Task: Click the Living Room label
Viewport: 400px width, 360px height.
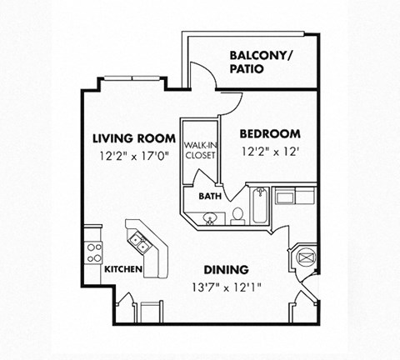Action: [134, 138]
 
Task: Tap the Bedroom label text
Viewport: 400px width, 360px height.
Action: [270, 134]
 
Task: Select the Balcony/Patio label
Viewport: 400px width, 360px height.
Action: [261, 62]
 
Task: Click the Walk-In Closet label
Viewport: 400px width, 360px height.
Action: [201, 150]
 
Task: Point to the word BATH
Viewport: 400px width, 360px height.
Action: [210, 197]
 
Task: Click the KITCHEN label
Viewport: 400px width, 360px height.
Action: [123, 269]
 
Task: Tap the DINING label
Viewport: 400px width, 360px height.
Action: [227, 270]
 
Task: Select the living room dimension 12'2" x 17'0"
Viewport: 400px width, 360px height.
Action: [134, 156]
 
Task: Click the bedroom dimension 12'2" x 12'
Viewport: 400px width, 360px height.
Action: [270, 152]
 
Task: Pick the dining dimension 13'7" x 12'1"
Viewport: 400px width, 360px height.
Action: [227, 287]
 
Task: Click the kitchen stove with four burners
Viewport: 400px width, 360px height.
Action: [93, 252]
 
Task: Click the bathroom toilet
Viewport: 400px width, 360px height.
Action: [237, 216]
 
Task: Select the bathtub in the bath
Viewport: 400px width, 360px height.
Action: [260, 206]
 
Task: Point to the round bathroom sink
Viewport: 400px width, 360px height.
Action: [210, 218]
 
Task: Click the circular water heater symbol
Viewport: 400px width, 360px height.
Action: [306, 258]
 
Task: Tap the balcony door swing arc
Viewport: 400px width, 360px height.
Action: [209, 70]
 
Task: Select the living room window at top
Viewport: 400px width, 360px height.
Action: [132, 78]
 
